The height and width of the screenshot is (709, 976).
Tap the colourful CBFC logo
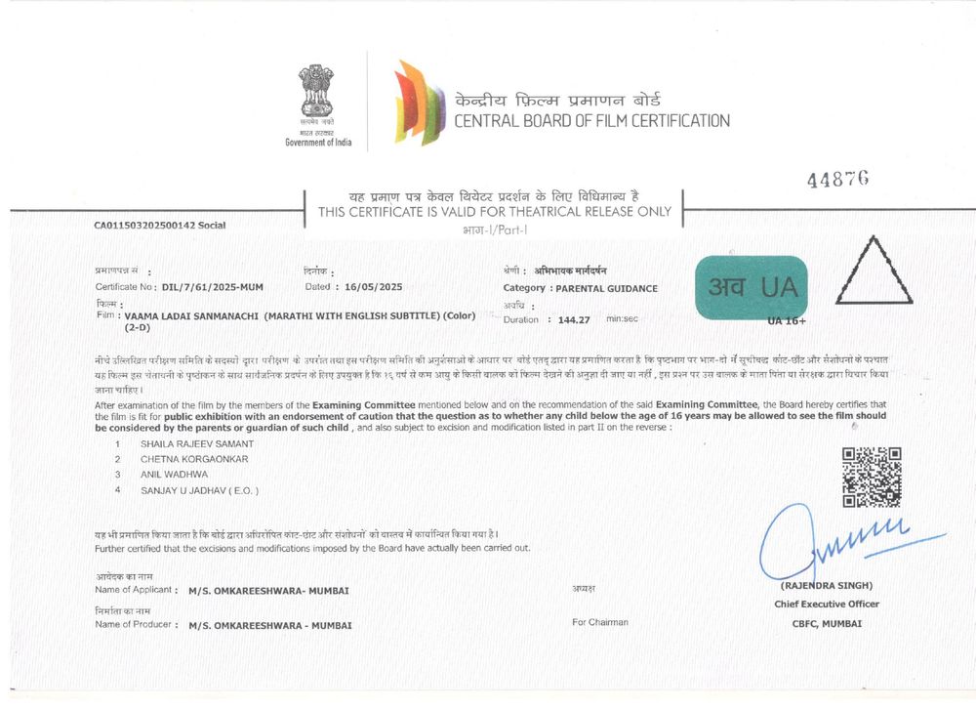click(x=414, y=102)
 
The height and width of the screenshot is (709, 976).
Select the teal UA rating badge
click(x=751, y=286)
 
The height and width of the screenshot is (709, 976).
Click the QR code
click(x=871, y=477)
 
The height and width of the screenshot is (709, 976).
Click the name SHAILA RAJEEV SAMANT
click(x=198, y=443)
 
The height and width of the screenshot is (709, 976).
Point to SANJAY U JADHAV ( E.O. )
click(x=200, y=490)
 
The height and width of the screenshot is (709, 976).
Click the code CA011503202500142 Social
click(x=159, y=226)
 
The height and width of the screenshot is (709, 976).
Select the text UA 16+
click(x=787, y=320)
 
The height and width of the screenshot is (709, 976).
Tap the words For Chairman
click(x=600, y=622)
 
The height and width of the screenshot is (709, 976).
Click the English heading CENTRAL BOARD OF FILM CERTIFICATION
click(x=591, y=121)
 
